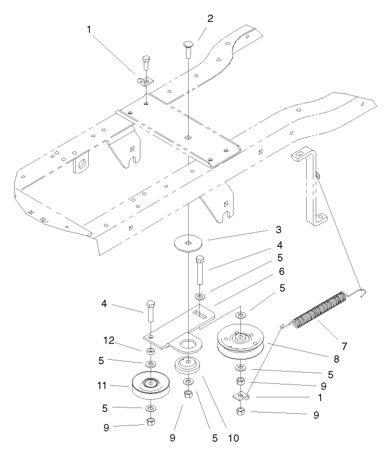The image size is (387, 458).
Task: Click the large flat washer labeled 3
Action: (x=188, y=243)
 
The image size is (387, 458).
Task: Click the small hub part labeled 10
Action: (x=188, y=365)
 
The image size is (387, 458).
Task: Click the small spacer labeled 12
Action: (x=151, y=351)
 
